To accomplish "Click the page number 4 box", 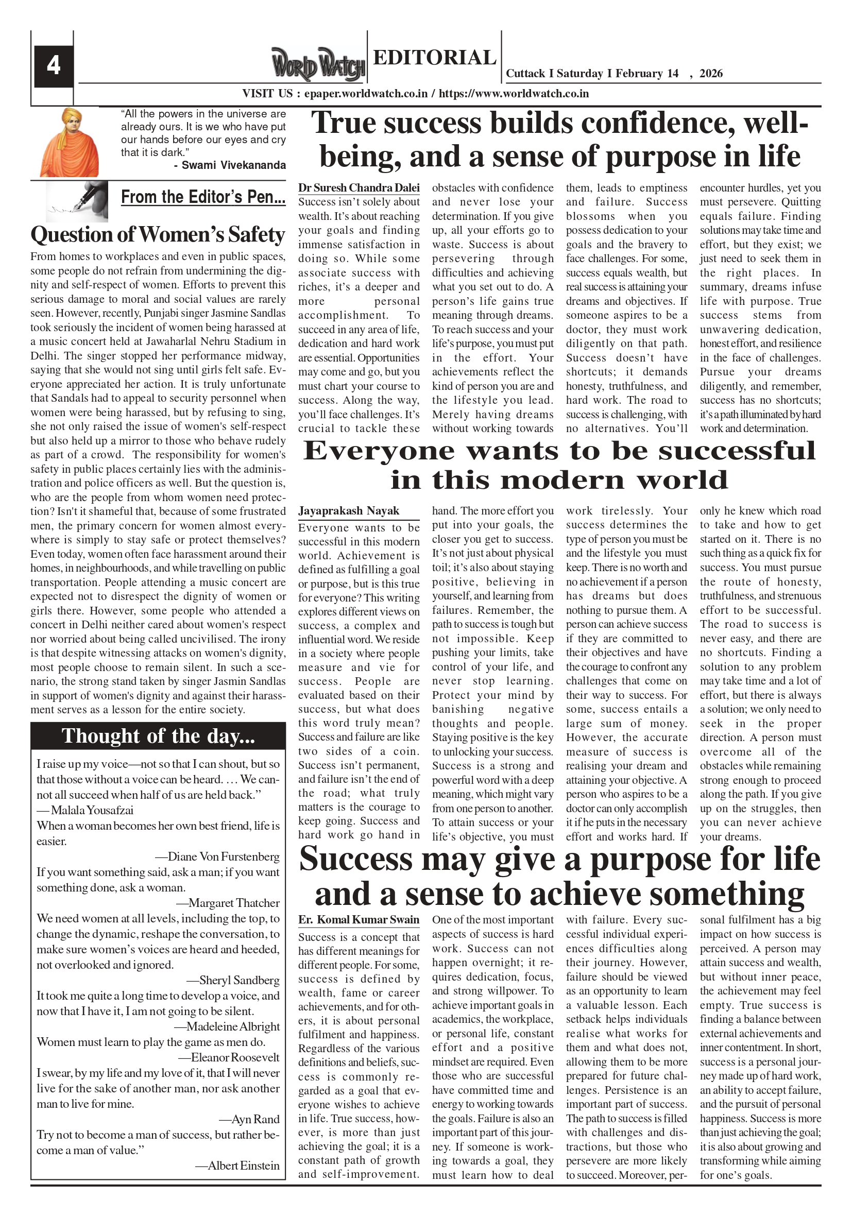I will coord(54,66).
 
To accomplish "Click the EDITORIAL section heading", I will coord(434,57).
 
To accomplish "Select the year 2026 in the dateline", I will coord(710,74).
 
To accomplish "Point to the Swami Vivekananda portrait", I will coord(70,142).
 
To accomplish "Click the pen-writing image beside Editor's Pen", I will coord(77,200).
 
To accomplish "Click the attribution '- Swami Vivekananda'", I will coord(230,165).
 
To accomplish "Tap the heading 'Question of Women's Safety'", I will coord(158,235).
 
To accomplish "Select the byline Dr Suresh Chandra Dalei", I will coord(359,188).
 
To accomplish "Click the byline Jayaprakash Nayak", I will coord(348,511).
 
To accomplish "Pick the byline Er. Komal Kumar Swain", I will coord(359,920).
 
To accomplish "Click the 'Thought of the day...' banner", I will coord(158,736).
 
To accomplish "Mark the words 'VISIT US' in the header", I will coord(267,94).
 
